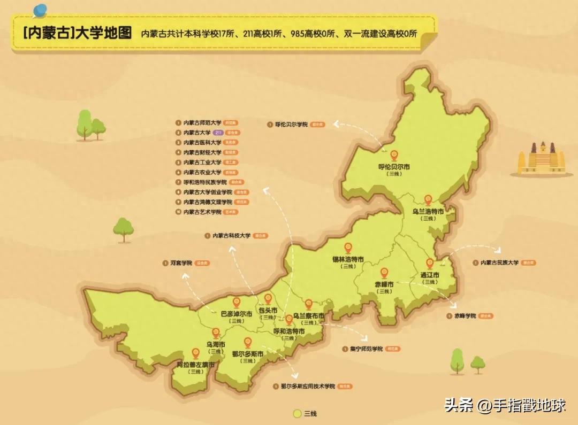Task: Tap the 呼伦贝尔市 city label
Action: coord(394,167)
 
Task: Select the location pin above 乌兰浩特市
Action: coord(428,200)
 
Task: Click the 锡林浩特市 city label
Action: coord(348,259)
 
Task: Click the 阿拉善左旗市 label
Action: coord(196,365)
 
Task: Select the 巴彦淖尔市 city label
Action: coord(236,314)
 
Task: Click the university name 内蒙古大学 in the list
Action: coord(195,132)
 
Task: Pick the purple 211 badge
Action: coord(218,132)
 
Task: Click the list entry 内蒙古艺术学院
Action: coord(202,212)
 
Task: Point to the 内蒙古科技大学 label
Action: coord(231,235)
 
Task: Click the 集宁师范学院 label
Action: coord(367,349)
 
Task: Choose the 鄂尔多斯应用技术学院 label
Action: coord(308,386)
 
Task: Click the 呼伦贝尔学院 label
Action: coord(292,124)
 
